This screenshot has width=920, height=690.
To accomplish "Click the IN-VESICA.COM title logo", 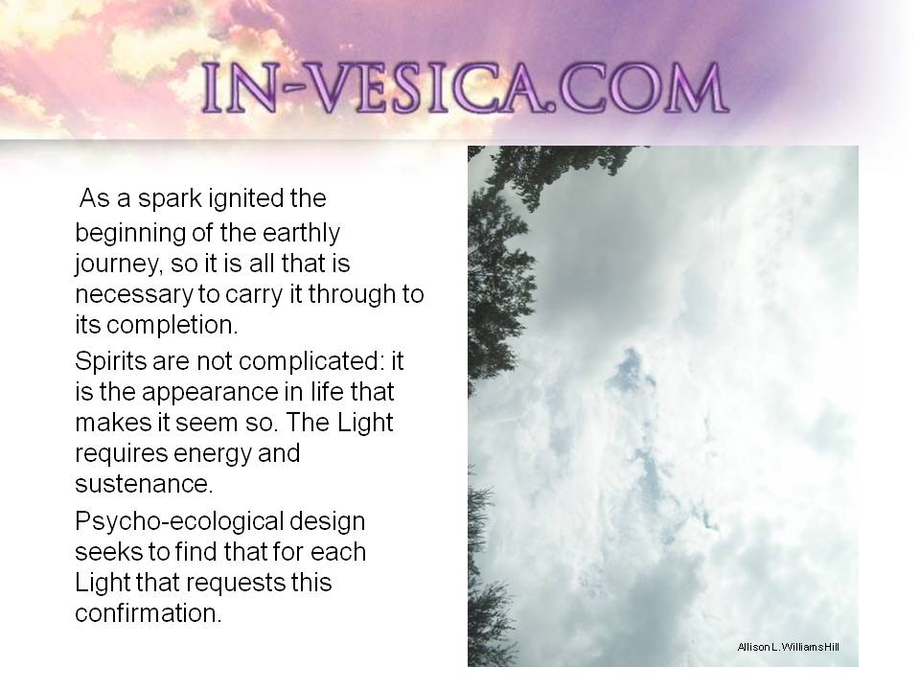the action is pyautogui.click(x=465, y=88).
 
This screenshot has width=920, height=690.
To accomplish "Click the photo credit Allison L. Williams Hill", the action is pyautogui.click(x=788, y=647).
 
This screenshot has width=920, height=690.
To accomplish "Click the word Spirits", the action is pyautogui.click(x=110, y=361).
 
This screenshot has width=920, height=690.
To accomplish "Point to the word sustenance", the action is pyautogui.click(x=144, y=484).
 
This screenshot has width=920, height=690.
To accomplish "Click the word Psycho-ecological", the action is pyautogui.click(x=179, y=521).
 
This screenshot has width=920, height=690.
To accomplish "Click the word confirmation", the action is pyautogui.click(x=149, y=613).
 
